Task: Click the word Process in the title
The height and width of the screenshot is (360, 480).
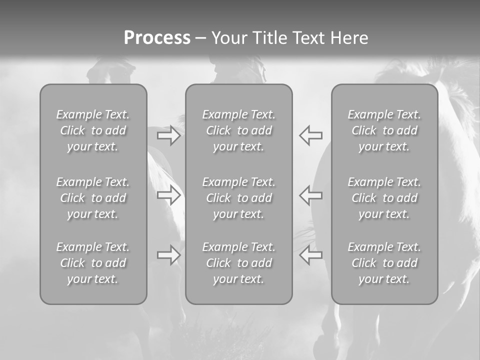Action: click(157, 38)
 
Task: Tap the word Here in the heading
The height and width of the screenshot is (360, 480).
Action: click(349, 38)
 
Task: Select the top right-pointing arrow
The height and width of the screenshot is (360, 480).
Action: click(168, 135)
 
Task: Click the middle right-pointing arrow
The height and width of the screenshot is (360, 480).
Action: click(168, 195)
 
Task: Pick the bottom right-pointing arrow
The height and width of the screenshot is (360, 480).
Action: click(168, 255)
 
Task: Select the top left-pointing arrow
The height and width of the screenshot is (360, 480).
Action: click(311, 135)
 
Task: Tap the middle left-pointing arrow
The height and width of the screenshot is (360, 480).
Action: click(311, 195)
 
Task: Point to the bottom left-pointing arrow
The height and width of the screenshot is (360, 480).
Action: click(311, 255)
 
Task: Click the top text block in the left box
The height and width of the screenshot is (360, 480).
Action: click(93, 130)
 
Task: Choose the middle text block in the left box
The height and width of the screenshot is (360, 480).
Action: click(93, 198)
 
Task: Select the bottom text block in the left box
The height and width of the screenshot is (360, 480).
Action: click(93, 263)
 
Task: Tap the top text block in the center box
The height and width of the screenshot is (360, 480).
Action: click(238, 130)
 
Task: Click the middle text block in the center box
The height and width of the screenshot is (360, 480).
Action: click(238, 198)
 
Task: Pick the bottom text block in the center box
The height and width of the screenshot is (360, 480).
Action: click(238, 263)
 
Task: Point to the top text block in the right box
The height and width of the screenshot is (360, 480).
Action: click(384, 130)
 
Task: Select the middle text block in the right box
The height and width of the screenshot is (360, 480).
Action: click(384, 198)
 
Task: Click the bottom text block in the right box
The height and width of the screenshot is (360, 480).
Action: click(384, 263)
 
